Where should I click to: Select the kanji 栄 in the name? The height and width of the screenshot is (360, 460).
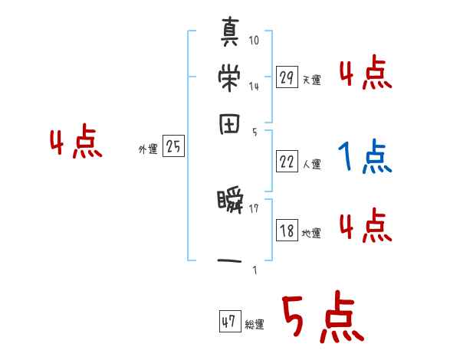(230, 80)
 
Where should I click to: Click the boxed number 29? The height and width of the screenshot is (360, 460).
(287, 77)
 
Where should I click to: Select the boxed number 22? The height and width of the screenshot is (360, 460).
(287, 162)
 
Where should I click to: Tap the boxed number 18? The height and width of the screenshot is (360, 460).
(287, 231)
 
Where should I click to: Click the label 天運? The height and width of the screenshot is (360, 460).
(311, 80)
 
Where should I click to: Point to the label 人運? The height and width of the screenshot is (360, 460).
(311, 164)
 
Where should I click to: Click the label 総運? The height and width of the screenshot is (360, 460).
(255, 325)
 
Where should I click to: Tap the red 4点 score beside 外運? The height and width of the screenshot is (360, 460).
(75, 144)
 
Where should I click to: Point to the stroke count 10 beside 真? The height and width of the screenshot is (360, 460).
(254, 40)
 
